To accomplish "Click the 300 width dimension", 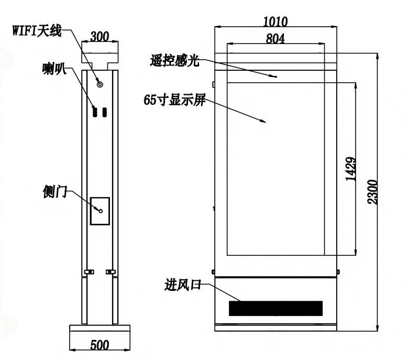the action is click(100, 37).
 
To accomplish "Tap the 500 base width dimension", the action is click(100, 345).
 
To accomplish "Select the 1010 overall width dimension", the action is click(275, 21).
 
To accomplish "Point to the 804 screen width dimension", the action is click(275, 39).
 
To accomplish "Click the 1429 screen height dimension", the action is click(351, 169).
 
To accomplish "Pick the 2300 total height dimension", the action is click(372, 192).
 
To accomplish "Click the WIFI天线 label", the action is click(37, 30).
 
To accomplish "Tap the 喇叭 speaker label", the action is click(54, 69).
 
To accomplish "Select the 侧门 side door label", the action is click(55, 192).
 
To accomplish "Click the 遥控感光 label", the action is click(175, 60).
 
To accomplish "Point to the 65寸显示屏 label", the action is click(175, 100).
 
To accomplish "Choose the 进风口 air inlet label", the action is click(183, 285).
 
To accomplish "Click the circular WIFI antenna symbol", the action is click(100, 84).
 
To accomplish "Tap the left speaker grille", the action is click(95, 112).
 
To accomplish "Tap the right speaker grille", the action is click(104, 112).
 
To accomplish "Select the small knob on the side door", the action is click(101, 211).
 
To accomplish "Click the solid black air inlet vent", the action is click(276, 309).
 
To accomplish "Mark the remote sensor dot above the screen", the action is click(276, 77).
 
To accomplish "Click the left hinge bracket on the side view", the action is click(89, 272).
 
